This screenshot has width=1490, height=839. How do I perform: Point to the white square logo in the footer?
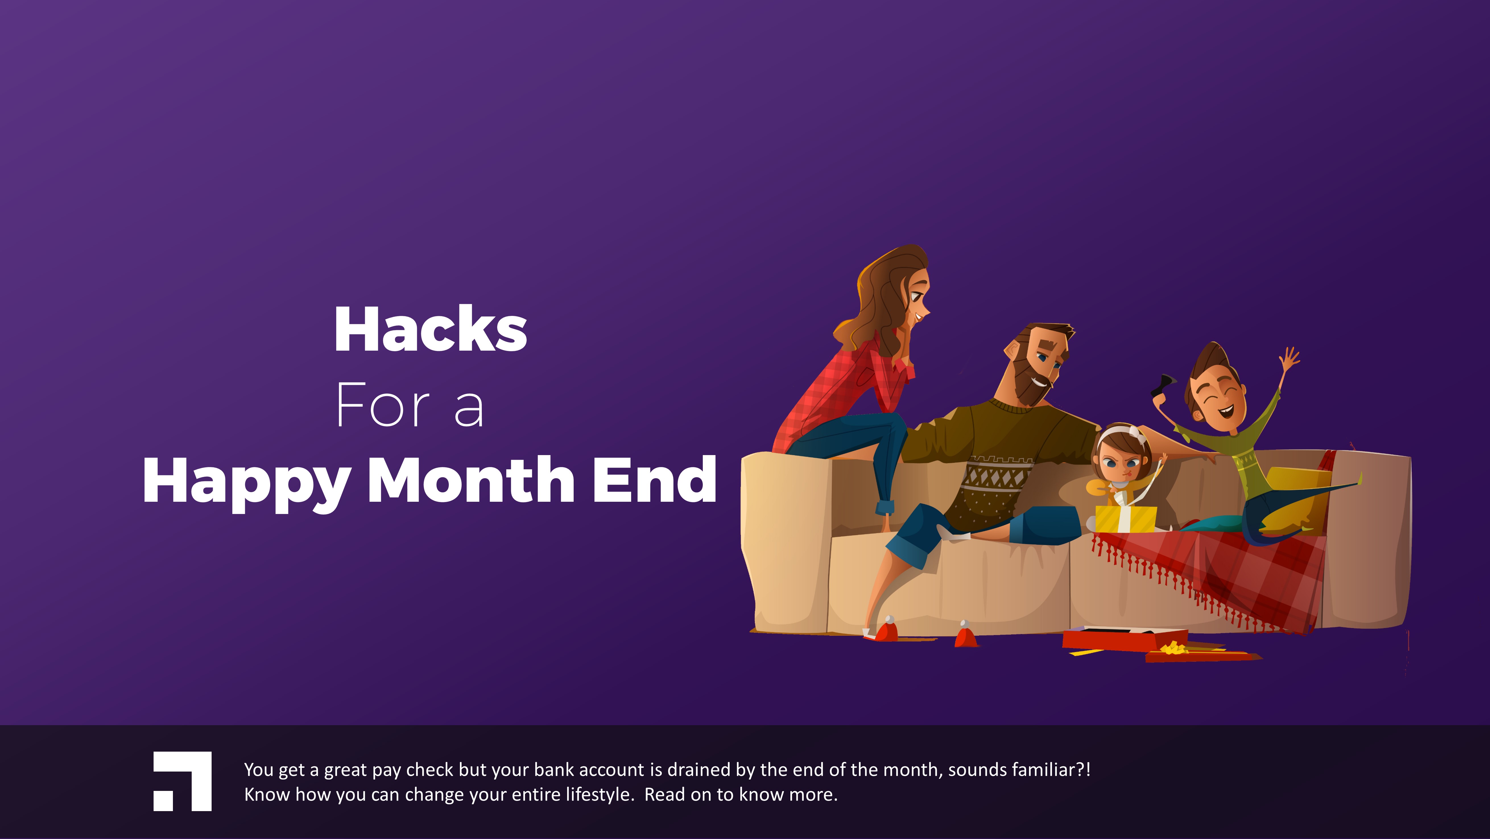point(182,781)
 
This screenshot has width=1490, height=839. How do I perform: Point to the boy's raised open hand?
point(1290,359)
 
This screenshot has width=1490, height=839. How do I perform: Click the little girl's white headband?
point(1122,434)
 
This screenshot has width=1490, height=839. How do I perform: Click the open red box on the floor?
point(1125,639)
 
